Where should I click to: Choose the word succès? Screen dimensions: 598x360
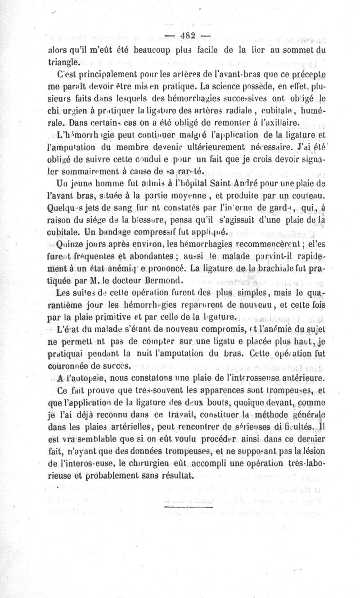tap(116, 364)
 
